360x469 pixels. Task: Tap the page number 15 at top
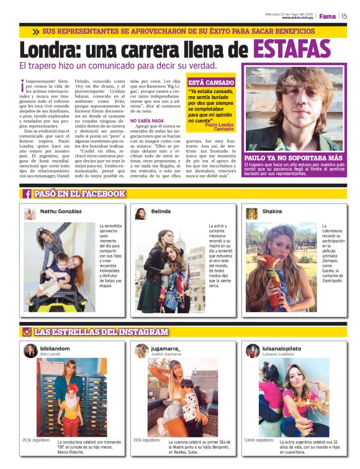(343, 16)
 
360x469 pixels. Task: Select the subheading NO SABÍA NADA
(147, 120)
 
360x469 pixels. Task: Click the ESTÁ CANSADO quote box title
(211, 82)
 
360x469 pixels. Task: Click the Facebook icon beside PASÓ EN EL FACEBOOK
(27, 194)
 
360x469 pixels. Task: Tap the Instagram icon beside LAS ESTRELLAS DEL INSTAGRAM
(27, 332)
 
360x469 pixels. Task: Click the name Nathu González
(61, 212)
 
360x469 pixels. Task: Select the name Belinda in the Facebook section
(161, 212)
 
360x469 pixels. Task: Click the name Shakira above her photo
(272, 212)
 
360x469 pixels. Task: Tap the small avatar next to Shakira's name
(252, 213)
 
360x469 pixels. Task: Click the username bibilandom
(56, 348)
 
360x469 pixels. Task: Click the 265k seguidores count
(147, 440)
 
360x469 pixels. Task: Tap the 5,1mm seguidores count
(259, 440)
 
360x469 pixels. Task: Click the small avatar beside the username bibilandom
(30, 351)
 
